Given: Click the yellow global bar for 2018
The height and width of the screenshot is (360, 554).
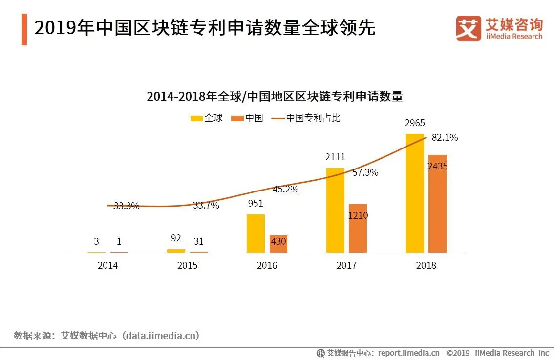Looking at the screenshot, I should coord(415,193).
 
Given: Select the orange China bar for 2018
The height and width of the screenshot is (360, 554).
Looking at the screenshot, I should coord(437,204).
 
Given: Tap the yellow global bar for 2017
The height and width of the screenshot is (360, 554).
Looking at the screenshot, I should coord(335,210).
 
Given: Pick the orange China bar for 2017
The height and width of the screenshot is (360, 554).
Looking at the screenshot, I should coord(358,228).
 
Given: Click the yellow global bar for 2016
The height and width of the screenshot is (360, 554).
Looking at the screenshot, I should coord(256,233).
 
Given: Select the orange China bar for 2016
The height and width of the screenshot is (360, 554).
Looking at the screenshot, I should coord(278,244).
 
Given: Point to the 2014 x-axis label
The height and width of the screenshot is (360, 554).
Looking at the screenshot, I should coord(107,265).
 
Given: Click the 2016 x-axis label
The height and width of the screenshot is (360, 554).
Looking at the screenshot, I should coord(267,265).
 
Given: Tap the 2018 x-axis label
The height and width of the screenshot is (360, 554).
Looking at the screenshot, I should coord(426,265).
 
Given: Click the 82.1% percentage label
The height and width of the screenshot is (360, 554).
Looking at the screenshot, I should coord(445,138).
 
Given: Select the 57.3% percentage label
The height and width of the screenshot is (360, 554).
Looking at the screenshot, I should coord(365,172).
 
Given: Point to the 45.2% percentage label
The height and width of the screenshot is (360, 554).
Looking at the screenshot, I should coord(285,190).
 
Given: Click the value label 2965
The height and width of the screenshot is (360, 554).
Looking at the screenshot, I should coord(415,123).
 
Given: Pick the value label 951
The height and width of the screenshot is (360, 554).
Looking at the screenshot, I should coord(255,203).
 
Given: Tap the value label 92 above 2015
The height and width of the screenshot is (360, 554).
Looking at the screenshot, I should coord(176,238).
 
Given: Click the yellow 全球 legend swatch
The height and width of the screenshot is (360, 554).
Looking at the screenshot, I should coord(196,118).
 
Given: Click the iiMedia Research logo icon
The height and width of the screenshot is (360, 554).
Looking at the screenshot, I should coord(469,28).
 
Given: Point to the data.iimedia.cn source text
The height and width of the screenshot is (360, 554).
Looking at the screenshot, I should coord(161,336).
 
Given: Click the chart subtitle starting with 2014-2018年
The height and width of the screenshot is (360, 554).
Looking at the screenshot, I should coord(275,96).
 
